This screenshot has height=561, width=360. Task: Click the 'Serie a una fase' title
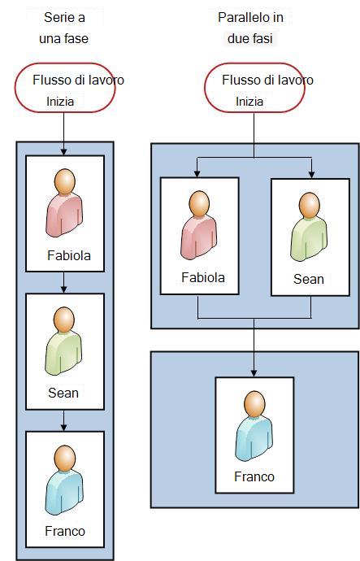coord(64,28)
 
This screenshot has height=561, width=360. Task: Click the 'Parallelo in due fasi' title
coord(250,28)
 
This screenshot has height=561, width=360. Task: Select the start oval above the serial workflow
coord(65,88)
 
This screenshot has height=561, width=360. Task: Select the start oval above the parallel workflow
coord(254,88)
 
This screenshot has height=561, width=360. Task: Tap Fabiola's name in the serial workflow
coord(69,255)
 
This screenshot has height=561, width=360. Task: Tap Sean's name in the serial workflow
coord(63,393)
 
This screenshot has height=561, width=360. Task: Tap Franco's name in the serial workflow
coord(65,531)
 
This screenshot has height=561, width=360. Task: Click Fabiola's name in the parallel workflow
coord(203,277)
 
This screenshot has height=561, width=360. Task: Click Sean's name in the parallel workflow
coord(309,279)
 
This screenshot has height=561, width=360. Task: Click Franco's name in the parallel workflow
coord(254,476)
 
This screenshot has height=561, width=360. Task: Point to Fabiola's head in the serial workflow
coord(65,181)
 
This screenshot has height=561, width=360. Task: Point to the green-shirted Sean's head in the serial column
coord(64,320)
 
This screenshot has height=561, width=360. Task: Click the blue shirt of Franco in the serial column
coord(64,493)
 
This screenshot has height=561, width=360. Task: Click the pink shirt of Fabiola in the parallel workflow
coord(199,237)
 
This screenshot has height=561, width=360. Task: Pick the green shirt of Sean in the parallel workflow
coord(309,239)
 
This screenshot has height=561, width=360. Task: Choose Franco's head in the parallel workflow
coord(254,403)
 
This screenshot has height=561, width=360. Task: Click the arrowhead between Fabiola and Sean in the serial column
coord(63,289)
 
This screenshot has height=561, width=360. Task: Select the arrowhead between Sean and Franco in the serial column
coord(63,427)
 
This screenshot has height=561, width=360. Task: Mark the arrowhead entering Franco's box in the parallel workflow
coord(254,373)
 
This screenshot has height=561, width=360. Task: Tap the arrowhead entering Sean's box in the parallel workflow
coord(312,174)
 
